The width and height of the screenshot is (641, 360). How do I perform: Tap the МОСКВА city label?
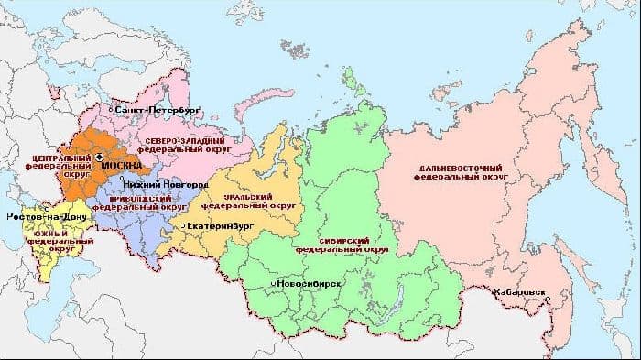pyautogui.click(x=122, y=166)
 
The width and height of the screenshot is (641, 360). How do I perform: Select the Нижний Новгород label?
pyautogui.click(x=153, y=184)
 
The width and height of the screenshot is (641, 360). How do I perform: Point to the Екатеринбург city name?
pyautogui.click(x=221, y=224)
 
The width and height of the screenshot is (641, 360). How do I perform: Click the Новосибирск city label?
pyautogui.click(x=312, y=285)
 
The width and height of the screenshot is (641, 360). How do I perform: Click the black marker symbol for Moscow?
pyautogui.click(x=98, y=157)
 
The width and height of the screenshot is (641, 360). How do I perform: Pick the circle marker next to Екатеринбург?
pyautogui.click(x=183, y=224)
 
